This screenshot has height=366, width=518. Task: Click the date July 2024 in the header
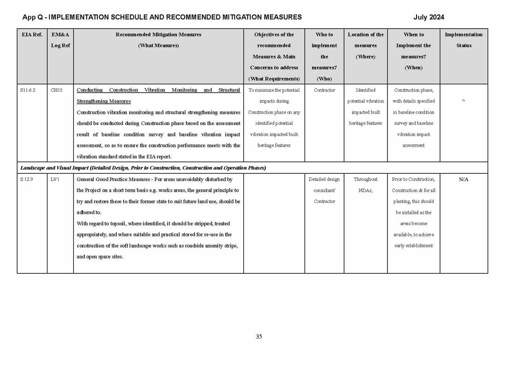pos(429,17)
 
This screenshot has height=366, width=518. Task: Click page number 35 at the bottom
pos(259,336)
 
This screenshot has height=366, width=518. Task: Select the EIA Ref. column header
pos(32,35)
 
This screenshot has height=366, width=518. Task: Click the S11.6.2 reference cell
pos(28,90)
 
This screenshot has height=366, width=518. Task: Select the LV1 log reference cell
pos(55,179)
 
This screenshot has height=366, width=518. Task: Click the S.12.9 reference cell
pos(27,179)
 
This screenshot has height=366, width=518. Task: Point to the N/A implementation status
pos(464,179)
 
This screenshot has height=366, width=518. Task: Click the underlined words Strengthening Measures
pos(103,101)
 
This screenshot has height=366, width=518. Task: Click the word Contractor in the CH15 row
pos(324,90)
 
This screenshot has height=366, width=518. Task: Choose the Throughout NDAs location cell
pos(365,184)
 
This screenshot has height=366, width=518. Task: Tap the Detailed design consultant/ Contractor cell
pos(324,190)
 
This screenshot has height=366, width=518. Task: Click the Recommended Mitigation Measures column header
pos(158,35)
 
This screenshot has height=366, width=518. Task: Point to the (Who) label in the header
pos(324,79)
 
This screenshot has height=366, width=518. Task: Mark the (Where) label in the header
pos(365,57)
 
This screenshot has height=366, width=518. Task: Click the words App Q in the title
pos(34,17)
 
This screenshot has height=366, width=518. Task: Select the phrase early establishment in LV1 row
pos(413,246)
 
